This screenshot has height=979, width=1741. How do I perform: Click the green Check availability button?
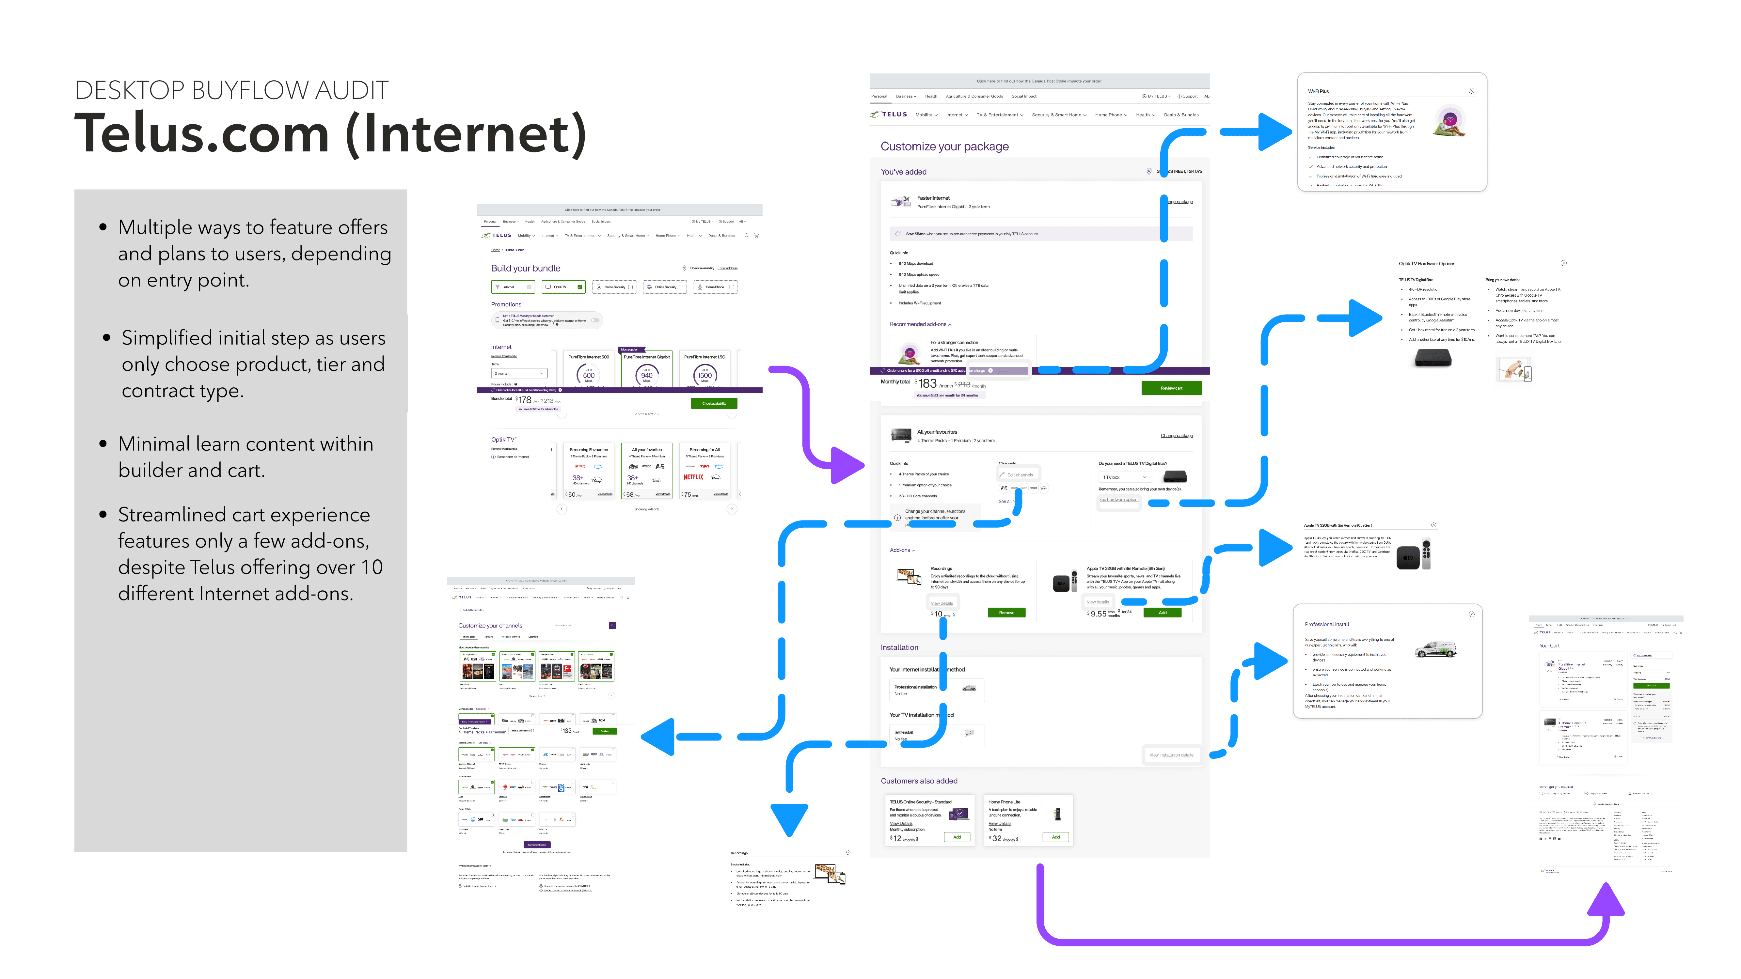[714, 403]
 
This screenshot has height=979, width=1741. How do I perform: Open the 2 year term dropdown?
[519, 373]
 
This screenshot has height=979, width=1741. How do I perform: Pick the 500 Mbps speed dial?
[589, 375]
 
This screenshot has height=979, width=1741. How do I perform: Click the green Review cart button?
[1171, 388]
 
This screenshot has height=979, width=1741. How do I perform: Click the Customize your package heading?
[944, 147]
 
